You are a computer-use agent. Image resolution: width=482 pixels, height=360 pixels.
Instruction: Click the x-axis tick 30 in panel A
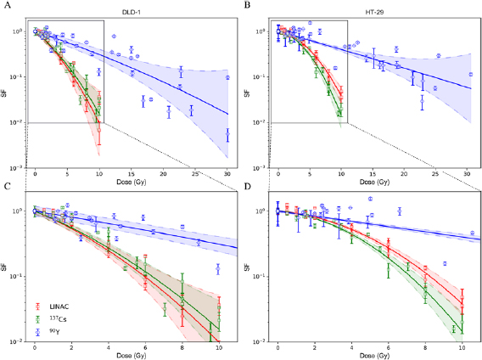pyautogui.click(x=227, y=174)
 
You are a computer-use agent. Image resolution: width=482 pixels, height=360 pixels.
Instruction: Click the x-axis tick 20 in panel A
pyautogui.click(x=163, y=174)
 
